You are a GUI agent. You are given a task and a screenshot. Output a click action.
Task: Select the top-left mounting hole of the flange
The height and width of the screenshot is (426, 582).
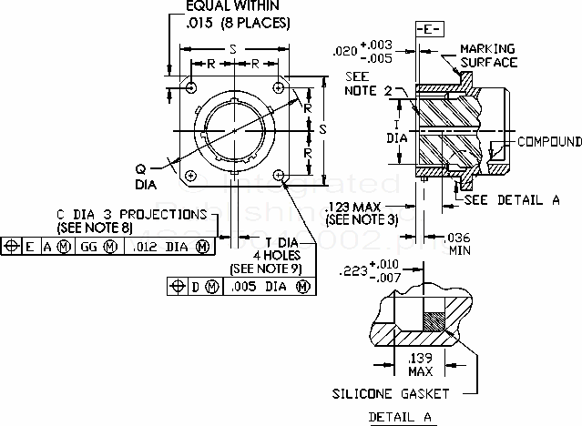click(x=192, y=86)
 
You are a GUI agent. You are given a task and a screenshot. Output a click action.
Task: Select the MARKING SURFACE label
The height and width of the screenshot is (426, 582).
click(x=488, y=55)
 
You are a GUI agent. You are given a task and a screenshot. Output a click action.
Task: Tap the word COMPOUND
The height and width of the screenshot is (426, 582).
click(x=549, y=142)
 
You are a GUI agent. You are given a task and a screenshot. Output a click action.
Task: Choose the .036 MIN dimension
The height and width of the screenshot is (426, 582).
click(x=460, y=242)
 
